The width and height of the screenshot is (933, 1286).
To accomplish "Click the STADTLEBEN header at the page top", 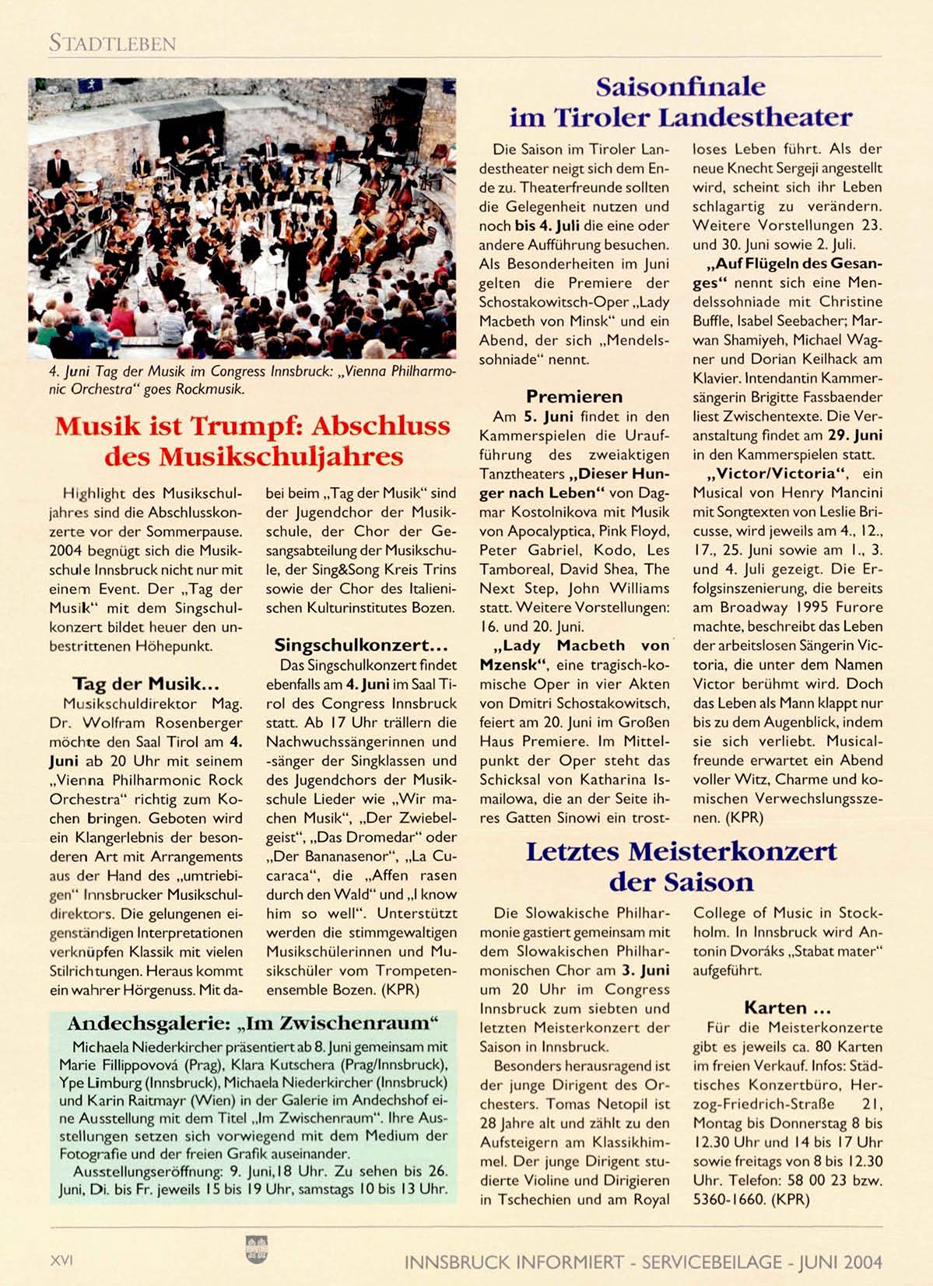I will pyautogui.click(x=113, y=44).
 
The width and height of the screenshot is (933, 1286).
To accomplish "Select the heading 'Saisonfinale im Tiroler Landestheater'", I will pyautogui.click(x=681, y=102).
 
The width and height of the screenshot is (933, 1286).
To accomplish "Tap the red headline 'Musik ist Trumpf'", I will pyautogui.click(x=253, y=440).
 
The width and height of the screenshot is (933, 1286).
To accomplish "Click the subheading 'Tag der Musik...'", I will pyautogui.click(x=146, y=684).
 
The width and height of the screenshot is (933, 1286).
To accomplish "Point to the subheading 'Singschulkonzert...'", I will pyautogui.click(x=361, y=645).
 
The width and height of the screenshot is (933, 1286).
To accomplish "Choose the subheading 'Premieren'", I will pyautogui.click(x=574, y=397).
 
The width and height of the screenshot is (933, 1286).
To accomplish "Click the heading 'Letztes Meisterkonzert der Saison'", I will pyautogui.click(x=681, y=866).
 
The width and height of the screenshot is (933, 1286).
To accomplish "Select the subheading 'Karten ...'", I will pyautogui.click(x=787, y=1008).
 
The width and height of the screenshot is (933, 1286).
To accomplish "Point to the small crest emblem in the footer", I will pyautogui.click(x=256, y=1249).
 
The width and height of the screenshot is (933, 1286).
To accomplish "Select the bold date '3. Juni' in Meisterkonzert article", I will pyautogui.click(x=645, y=970).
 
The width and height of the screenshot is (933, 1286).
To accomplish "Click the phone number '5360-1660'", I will pyautogui.click(x=728, y=1200).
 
